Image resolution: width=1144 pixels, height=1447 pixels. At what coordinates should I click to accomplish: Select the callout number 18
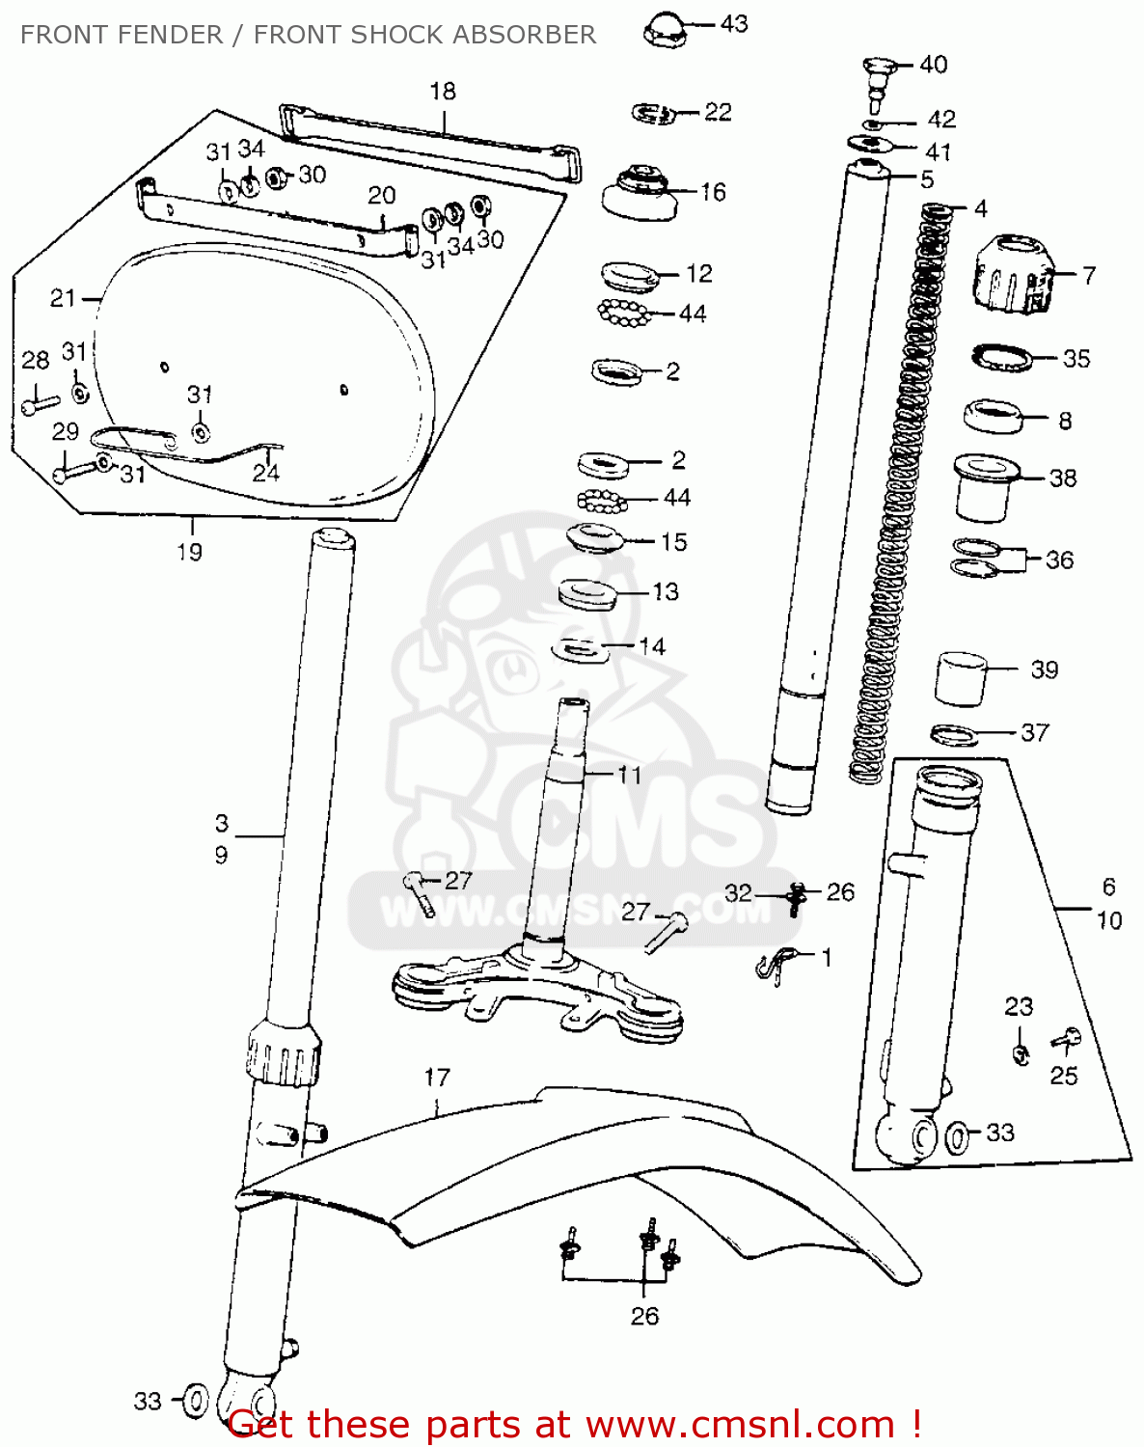tap(443, 92)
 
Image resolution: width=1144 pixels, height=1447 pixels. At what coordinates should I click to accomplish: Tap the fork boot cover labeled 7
tap(1012, 274)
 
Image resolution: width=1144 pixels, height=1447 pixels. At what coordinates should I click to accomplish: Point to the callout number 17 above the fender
tap(437, 1078)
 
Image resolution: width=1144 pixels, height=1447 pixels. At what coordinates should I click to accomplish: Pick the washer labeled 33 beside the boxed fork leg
tap(959, 1137)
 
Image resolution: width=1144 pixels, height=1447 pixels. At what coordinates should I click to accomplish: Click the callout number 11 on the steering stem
tap(629, 775)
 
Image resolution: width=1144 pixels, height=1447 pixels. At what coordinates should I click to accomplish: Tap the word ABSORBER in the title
tap(524, 35)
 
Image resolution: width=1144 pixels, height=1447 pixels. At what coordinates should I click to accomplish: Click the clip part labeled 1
tap(776, 963)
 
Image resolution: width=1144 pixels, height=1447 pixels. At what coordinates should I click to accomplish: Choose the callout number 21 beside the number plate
tap(63, 298)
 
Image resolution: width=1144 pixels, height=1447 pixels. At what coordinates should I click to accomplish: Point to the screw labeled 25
tap(1066, 1039)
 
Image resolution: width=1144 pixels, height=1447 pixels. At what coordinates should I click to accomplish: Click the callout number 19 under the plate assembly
tap(190, 553)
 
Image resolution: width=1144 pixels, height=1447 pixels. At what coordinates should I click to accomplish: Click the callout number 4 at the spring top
tap(980, 209)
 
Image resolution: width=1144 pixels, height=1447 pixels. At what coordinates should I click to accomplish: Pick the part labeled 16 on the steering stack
tap(640, 193)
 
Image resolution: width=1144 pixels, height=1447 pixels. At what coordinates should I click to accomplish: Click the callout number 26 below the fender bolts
tap(644, 1316)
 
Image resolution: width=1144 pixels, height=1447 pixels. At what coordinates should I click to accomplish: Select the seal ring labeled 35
tap(1001, 356)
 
